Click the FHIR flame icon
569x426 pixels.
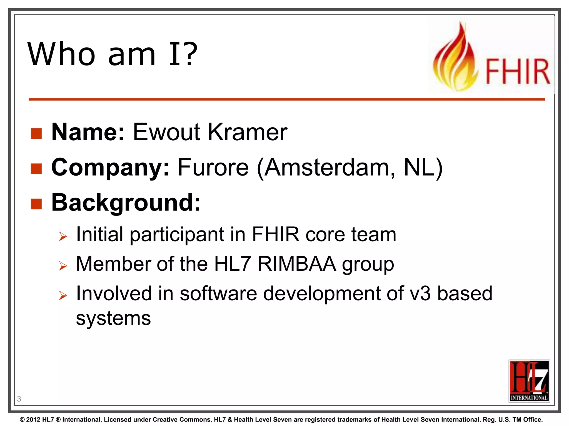[455, 60]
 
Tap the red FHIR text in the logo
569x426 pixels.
[517, 72]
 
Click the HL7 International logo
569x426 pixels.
[529, 381]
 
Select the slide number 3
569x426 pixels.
[19, 399]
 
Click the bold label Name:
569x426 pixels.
[88, 132]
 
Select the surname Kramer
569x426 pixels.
[248, 132]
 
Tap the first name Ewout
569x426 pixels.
[166, 132]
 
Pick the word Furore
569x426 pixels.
[213, 168]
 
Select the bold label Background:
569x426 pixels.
[126, 203]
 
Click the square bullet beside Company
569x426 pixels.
[36, 168]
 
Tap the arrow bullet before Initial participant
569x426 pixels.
[63, 237]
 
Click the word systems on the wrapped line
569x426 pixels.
[113, 318]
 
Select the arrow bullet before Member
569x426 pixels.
[63, 266]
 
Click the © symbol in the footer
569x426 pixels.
[22, 420]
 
